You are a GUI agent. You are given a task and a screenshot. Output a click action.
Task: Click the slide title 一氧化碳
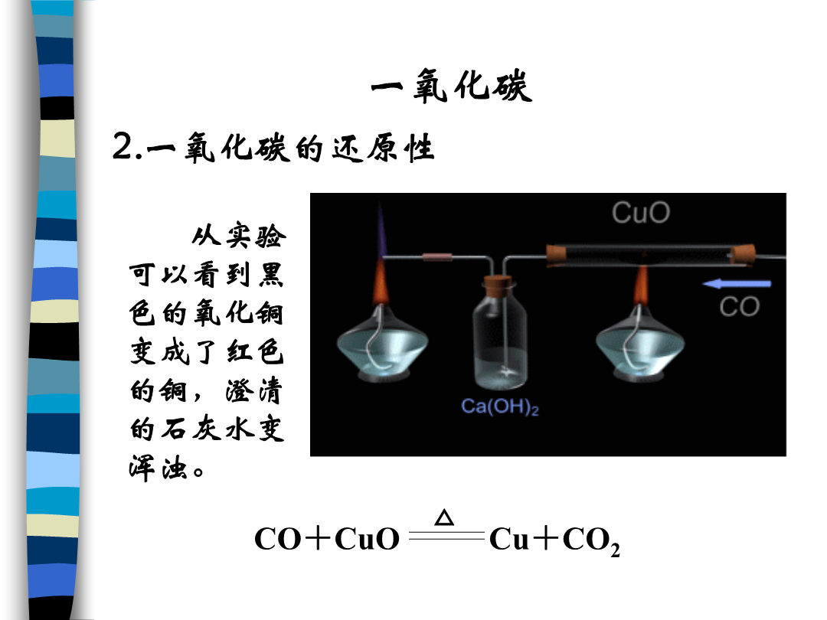pyautogui.click(x=452, y=86)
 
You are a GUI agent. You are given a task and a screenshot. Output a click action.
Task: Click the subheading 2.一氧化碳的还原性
pyautogui.click(x=273, y=147)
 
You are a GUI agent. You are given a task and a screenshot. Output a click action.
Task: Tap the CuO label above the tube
pyautogui.click(x=641, y=213)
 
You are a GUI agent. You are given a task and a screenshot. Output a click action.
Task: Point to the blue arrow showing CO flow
pyautogui.click(x=737, y=284)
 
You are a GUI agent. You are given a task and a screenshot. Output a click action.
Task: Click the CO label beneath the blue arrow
pyautogui.click(x=740, y=307)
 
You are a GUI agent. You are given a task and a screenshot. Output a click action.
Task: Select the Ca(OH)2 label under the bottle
pyautogui.click(x=499, y=406)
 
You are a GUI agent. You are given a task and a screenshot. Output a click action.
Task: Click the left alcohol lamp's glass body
pyautogui.click(x=382, y=343)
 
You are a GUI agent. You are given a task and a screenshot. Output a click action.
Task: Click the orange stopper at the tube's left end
pyautogui.click(x=556, y=256)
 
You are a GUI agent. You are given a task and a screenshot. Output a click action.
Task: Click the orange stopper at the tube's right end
pyautogui.click(x=743, y=256)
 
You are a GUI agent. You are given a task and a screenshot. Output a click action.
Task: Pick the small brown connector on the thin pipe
pyautogui.click(x=437, y=257)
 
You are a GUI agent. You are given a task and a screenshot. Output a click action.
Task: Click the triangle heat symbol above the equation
pyautogui.click(x=444, y=517)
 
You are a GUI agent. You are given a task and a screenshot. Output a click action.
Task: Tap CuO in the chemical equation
pyautogui.click(x=367, y=539)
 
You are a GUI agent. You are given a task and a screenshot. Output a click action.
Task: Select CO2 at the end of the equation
pyautogui.click(x=591, y=541)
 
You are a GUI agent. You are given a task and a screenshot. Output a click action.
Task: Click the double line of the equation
pyautogui.click(x=446, y=536)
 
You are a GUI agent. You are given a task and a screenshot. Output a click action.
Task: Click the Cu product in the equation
pyautogui.click(x=509, y=539)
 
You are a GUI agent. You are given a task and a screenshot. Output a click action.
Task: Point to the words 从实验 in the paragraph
pyautogui.click(x=239, y=237)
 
